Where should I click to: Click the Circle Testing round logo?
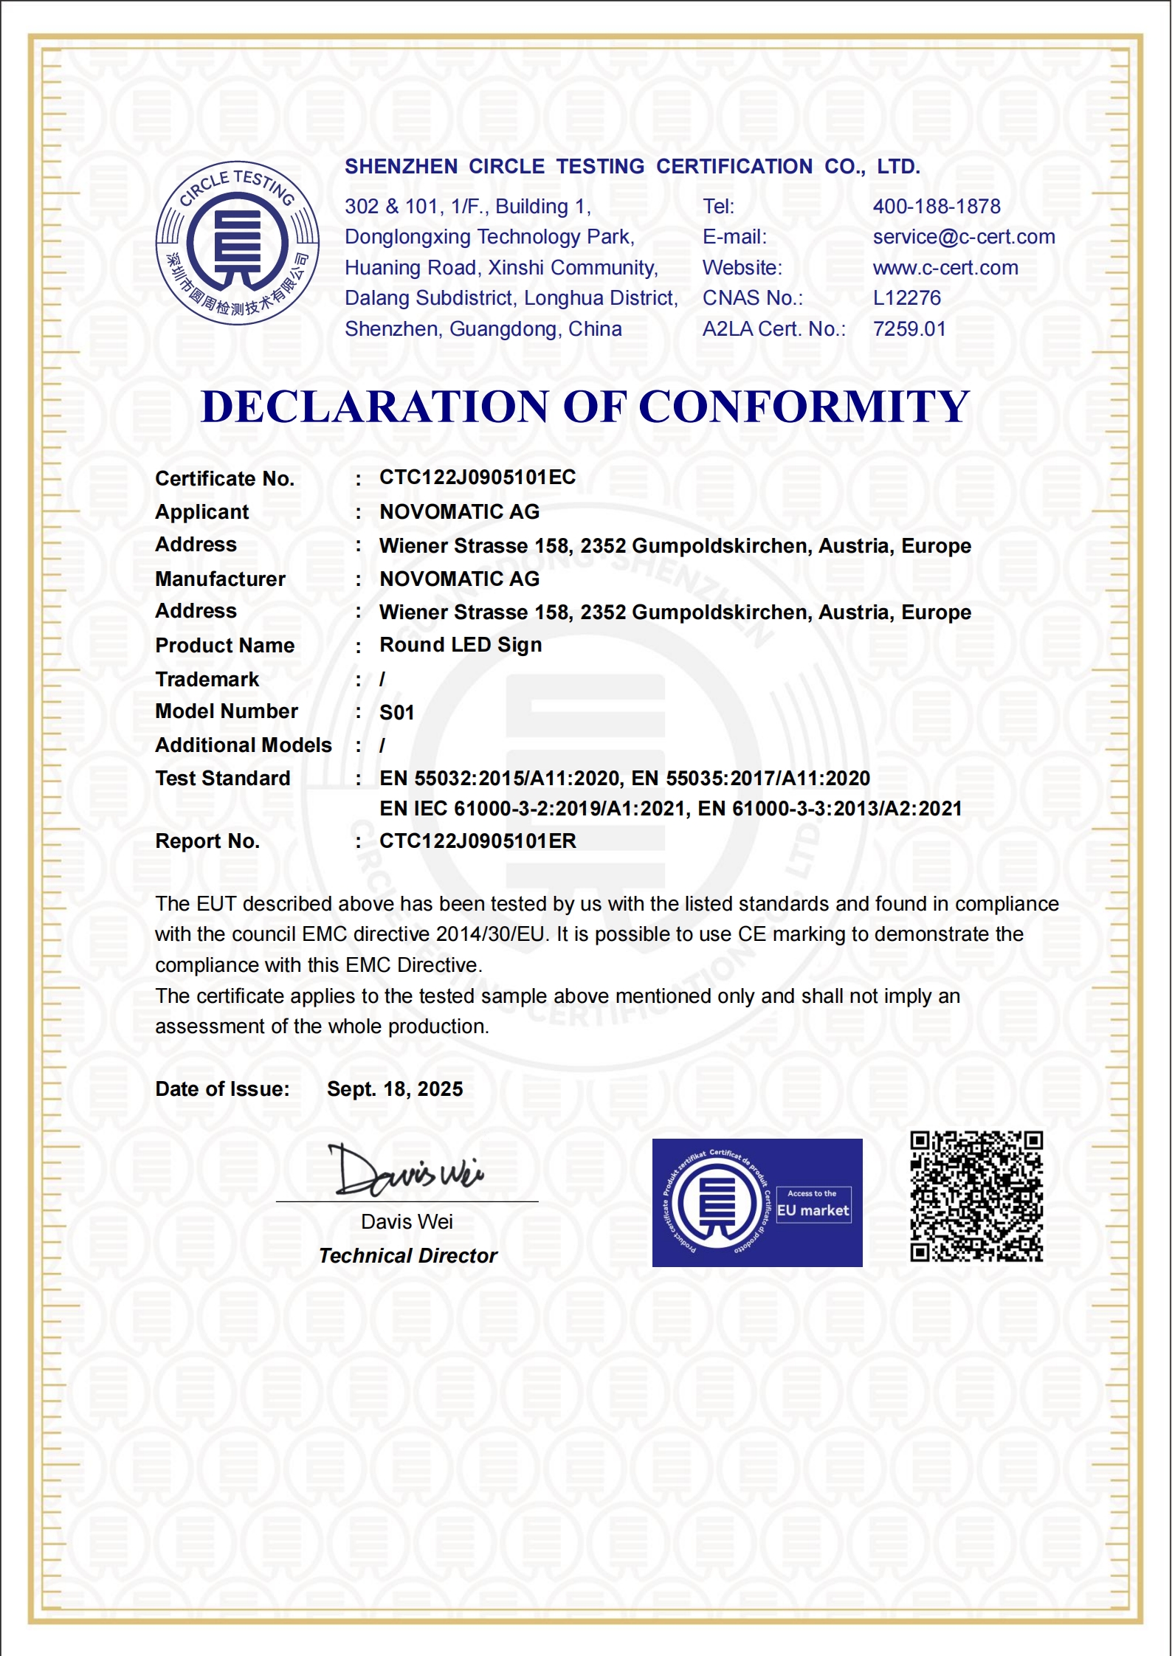tap(237, 243)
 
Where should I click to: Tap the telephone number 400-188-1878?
tap(936, 207)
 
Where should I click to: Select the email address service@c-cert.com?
tap(963, 237)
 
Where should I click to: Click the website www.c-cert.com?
tap(945, 268)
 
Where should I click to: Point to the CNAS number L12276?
tap(906, 298)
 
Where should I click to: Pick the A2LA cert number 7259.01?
tap(909, 329)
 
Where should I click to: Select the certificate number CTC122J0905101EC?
tap(477, 477)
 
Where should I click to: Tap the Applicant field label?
tap(201, 512)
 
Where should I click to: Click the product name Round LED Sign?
tap(461, 645)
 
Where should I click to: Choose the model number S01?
tap(396, 713)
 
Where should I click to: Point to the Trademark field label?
tap(207, 680)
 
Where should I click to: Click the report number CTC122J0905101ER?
tap(478, 841)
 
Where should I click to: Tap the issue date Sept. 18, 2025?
tap(395, 1089)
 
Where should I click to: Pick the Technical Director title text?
tap(407, 1256)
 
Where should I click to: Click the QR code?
tap(976, 1196)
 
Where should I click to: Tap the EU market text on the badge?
tap(813, 1211)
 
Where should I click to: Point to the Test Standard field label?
tap(222, 779)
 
